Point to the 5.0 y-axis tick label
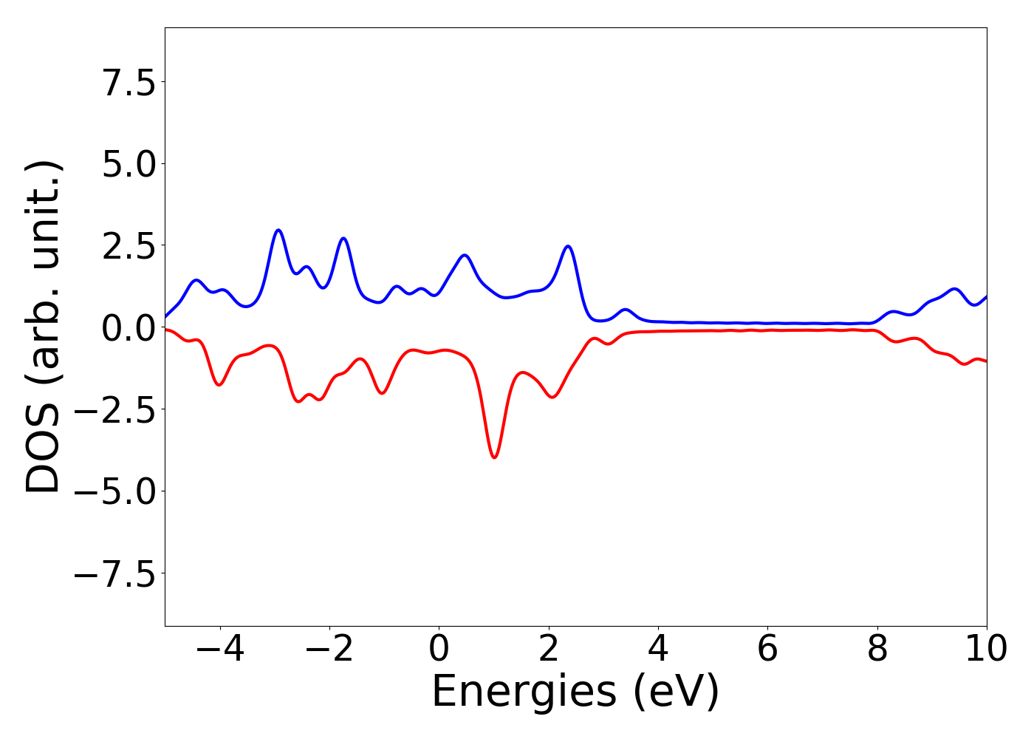[x=129, y=164]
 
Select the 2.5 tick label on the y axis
[x=129, y=246]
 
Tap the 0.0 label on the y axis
[x=129, y=327]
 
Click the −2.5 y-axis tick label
[x=115, y=409]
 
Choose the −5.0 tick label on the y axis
[x=115, y=491]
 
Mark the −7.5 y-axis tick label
[x=115, y=573]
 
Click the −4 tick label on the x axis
[x=220, y=649]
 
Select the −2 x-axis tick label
[x=329, y=649]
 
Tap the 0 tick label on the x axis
[x=439, y=649]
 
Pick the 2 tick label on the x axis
[x=549, y=649]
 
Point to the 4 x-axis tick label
[x=658, y=649]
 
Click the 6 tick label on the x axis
[x=767, y=649]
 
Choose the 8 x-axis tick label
[x=877, y=649]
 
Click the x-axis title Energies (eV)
[x=575, y=692]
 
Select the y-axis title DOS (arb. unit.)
[x=44, y=327]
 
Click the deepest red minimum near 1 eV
[x=494, y=457]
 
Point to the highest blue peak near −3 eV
[x=278, y=231]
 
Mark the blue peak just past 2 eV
[x=568, y=246]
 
